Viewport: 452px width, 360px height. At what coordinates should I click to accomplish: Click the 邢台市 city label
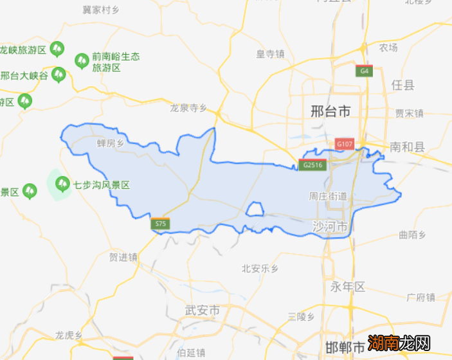click(330, 111)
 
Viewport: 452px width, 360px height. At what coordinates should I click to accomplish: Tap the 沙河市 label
click(330, 227)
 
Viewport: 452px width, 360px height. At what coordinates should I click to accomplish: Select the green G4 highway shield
click(365, 71)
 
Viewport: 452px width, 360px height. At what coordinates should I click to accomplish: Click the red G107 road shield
click(345, 143)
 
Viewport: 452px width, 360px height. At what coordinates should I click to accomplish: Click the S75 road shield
click(161, 224)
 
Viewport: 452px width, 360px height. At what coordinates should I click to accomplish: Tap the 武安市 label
click(202, 310)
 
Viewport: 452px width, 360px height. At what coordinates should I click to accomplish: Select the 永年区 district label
click(348, 287)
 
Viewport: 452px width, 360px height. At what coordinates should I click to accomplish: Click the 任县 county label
click(403, 85)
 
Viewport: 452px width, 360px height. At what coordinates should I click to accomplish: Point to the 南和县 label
click(408, 147)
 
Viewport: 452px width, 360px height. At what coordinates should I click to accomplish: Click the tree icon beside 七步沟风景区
click(62, 184)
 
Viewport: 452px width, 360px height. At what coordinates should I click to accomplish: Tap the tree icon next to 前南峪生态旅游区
click(82, 61)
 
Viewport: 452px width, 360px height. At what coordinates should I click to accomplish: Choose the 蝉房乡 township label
click(109, 143)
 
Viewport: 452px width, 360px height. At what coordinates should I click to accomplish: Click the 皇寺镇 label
click(270, 55)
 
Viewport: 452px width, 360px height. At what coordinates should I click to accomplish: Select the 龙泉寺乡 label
click(188, 108)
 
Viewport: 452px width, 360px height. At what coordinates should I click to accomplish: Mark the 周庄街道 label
click(328, 195)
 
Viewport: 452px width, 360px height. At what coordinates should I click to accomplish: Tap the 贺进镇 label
click(123, 257)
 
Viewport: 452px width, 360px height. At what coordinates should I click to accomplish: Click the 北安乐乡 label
click(259, 268)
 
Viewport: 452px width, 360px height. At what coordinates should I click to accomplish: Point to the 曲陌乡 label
click(412, 235)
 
